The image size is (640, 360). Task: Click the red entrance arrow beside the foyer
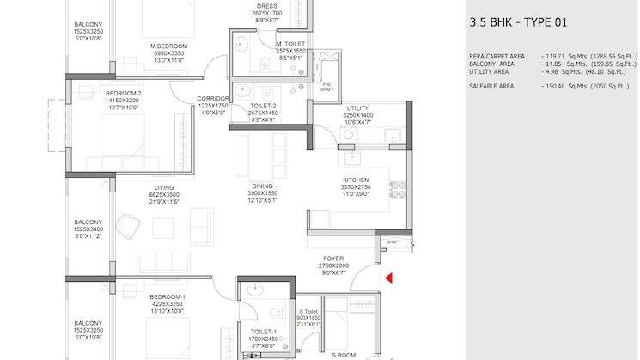point(389,278)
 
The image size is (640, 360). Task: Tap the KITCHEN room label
point(356,180)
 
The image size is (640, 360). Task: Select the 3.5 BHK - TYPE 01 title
point(518,22)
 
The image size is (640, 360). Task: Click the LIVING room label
point(164,188)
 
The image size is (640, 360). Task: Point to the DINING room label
point(263,186)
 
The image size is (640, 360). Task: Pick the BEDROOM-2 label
point(123,94)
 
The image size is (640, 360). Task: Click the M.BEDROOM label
point(169,46)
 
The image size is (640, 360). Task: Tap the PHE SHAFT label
point(327,87)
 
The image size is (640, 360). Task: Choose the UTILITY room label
point(357,108)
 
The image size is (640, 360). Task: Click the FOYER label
point(333,259)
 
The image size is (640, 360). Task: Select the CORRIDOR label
point(213,99)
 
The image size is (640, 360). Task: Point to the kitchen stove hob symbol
point(398,190)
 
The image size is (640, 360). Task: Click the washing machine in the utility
point(349,135)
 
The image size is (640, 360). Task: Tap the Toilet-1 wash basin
point(255,290)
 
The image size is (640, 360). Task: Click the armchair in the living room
point(128,226)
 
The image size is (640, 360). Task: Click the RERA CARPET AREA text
point(497,57)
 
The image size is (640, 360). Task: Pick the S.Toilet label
point(308,311)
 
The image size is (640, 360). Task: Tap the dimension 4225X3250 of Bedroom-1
point(168,304)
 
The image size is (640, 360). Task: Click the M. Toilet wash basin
point(241,44)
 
